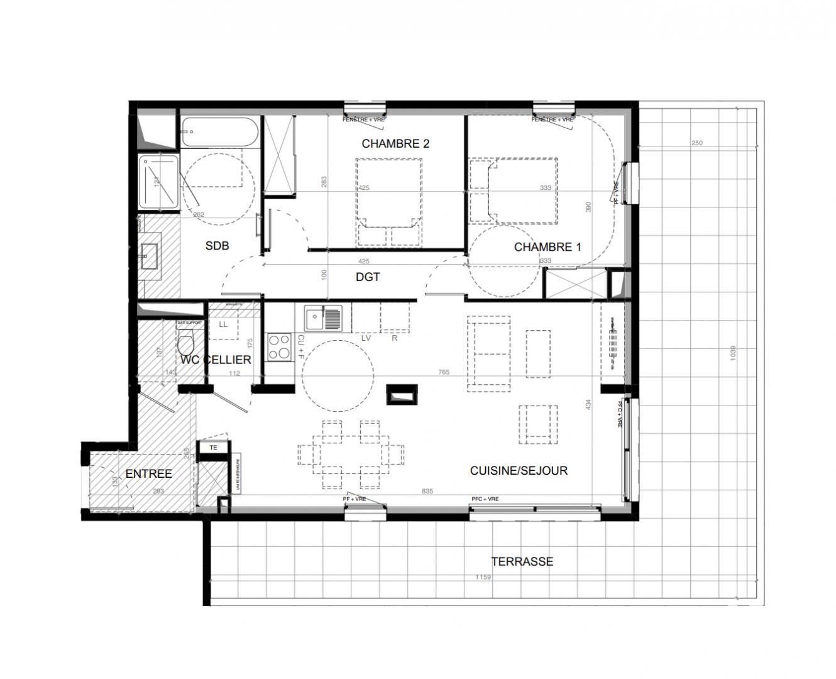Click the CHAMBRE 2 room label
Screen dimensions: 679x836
coord(395,144)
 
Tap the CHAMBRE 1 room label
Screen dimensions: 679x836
coord(547,247)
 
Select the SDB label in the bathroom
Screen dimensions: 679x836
coord(217,246)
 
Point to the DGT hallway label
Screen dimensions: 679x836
coord(368,277)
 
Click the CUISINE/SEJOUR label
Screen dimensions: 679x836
coord(519,470)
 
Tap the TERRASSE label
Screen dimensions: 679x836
coord(522,561)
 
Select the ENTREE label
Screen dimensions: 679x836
coord(148,473)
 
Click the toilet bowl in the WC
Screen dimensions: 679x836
coord(185,345)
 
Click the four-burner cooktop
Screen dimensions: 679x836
coord(278,347)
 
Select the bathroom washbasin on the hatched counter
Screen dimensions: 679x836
coord(150,255)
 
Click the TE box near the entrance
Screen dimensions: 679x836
coord(214,448)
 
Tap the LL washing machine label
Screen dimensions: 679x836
coord(223,324)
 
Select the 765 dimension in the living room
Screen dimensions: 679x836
coord(444,372)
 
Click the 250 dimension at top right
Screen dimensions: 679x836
coord(696,143)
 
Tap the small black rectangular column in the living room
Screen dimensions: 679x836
coord(401,394)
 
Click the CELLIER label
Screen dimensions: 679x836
coord(229,360)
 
